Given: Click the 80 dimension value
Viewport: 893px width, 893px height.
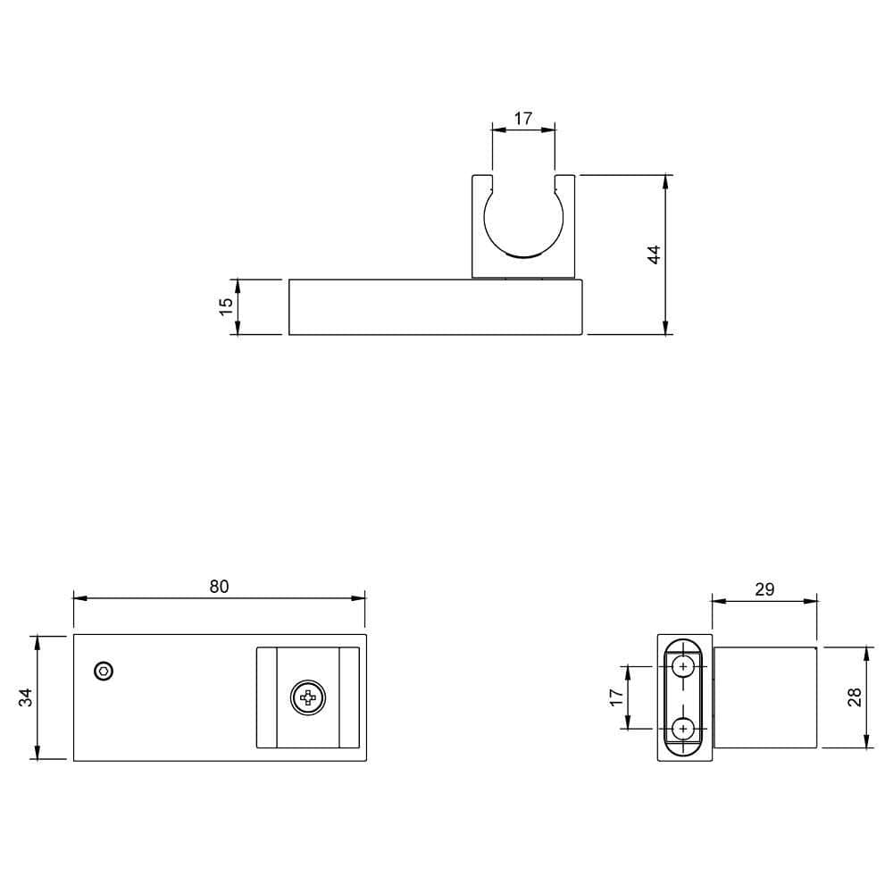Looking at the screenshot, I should [x=219, y=587].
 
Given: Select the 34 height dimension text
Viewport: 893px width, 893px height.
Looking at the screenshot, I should [x=27, y=697].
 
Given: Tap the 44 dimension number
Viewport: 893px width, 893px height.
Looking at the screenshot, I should [x=654, y=254].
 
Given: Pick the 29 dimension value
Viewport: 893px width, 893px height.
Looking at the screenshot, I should [x=764, y=589].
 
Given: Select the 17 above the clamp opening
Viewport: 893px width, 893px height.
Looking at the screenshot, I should [x=523, y=118].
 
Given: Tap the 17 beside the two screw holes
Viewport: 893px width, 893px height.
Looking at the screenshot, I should [x=615, y=697].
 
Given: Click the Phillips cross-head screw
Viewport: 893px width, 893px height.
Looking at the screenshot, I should [x=308, y=698].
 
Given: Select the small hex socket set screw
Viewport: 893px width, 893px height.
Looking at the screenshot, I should [x=104, y=671].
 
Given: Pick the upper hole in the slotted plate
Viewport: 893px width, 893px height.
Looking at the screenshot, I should [x=684, y=666].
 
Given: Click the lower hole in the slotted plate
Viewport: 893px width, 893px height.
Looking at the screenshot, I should [x=684, y=730].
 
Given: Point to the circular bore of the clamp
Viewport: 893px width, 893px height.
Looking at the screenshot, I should [x=523, y=220].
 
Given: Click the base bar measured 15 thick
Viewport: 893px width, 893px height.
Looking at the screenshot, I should [x=436, y=307].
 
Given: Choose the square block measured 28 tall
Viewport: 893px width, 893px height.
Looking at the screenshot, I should [x=765, y=697].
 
